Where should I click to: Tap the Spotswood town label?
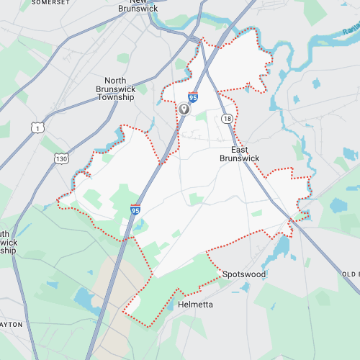pyautogui.click(x=244, y=274)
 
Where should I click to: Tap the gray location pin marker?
pyautogui.click(x=184, y=109)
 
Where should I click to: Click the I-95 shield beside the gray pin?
pyautogui.click(x=193, y=97)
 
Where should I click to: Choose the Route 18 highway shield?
pyautogui.click(x=228, y=118)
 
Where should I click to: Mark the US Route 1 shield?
pyautogui.click(x=37, y=127)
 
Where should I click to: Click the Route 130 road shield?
pyautogui.click(x=62, y=158)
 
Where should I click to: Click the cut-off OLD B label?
pyautogui.click(x=351, y=274)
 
